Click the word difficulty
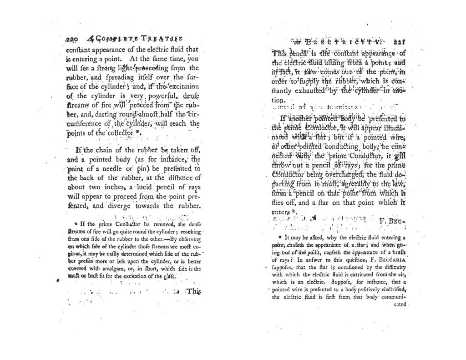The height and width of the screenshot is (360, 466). [x=390, y=268]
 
